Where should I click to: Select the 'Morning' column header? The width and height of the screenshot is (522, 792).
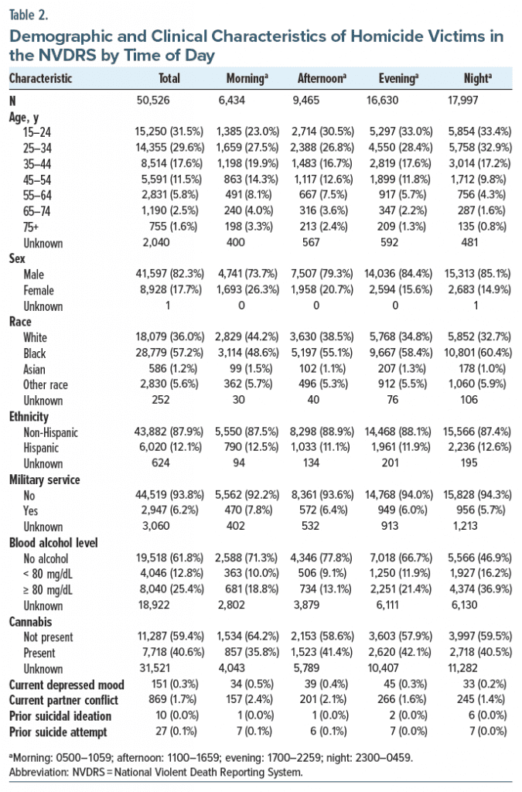[247, 78]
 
